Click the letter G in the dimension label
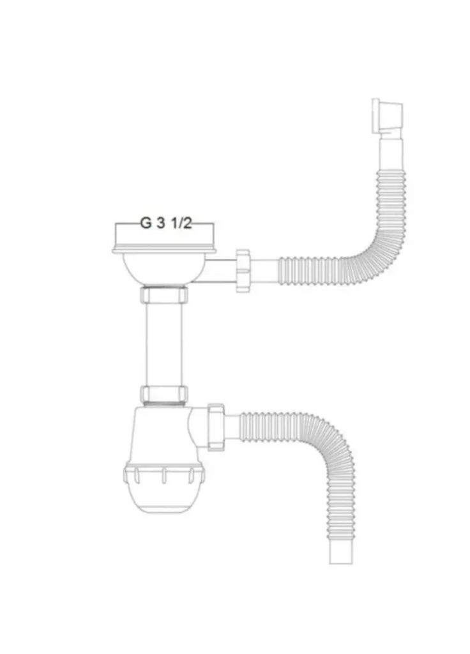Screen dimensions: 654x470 pos(146,224)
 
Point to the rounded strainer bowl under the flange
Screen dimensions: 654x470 pos(164,268)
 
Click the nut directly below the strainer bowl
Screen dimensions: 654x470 pos(164,296)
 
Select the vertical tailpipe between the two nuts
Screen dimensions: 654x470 pos(164,345)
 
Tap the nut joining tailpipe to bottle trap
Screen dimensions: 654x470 pos(164,393)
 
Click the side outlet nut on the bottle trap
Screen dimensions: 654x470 pos(215,422)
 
